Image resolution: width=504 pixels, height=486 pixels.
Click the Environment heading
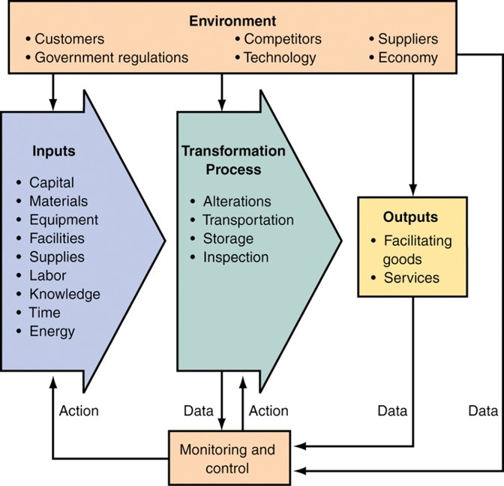(232, 21)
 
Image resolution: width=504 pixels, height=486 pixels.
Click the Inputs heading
(53, 151)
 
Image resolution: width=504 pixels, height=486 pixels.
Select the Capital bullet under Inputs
(51, 182)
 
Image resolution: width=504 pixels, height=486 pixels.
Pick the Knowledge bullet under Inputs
(64, 294)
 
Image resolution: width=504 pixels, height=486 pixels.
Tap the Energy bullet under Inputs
(52, 331)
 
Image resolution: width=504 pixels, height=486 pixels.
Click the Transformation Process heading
(232, 160)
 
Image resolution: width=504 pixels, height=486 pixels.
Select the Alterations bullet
(236, 202)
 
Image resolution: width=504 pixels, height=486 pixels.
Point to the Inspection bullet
(235, 257)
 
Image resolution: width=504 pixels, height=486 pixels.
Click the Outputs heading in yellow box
(412, 217)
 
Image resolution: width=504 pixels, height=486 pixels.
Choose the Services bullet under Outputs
(411, 277)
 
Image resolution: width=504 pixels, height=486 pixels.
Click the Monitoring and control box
(227, 460)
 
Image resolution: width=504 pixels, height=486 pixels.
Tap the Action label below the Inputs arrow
(78, 411)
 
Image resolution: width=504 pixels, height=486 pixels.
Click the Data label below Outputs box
(391, 411)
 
